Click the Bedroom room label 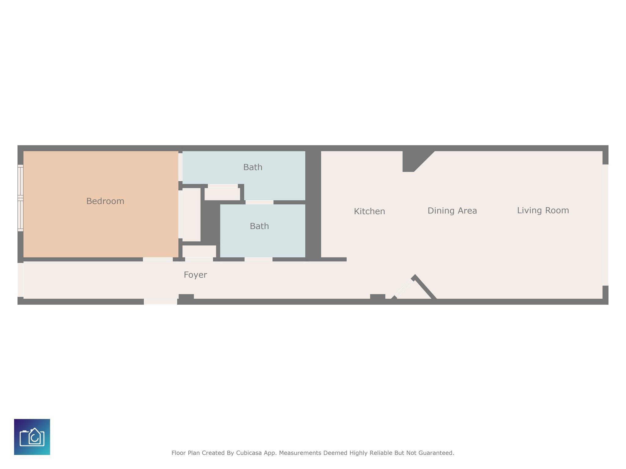tap(105, 201)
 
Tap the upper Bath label tap(253, 167)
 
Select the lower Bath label tap(259, 226)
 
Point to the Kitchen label tap(369, 211)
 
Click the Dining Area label tap(452, 211)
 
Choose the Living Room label tap(543, 210)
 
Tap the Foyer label tap(195, 275)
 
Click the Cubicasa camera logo tap(32, 437)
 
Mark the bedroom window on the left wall tap(20, 198)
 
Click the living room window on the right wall tap(605, 225)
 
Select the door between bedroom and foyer tap(158, 260)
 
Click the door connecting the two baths tap(259, 202)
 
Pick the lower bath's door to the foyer tap(258, 260)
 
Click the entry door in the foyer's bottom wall tap(160, 302)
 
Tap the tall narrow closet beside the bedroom tap(191, 215)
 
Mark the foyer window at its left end tap(20, 280)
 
